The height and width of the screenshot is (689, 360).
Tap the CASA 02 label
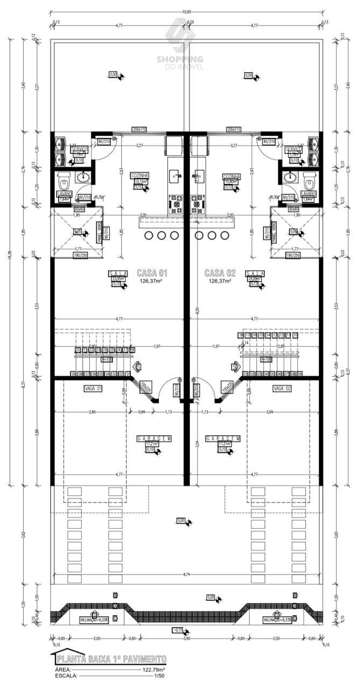click(220, 272)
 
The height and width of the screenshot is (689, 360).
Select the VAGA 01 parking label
click(93, 388)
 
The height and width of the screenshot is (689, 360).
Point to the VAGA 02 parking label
click(282, 388)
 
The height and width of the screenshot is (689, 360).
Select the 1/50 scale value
click(159, 675)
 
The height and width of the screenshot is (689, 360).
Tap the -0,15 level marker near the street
click(178, 630)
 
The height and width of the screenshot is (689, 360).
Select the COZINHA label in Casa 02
click(231, 176)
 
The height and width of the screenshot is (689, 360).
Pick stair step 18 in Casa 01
click(132, 350)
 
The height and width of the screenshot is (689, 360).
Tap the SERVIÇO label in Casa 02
click(294, 149)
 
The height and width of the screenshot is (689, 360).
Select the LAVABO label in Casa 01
click(66, 193)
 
